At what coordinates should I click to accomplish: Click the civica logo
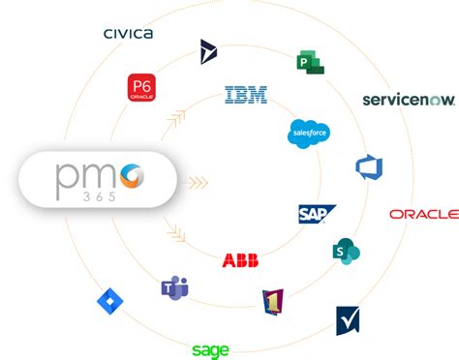point(128,34)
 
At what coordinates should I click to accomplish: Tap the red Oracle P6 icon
point(141,87)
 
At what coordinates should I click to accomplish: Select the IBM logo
point(246,95)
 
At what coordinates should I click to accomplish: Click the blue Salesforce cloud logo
point(309,134)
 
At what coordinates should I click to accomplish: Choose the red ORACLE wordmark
point(423,214)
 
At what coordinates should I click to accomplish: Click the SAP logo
point(317,214)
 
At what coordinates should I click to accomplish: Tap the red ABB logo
point(240,260)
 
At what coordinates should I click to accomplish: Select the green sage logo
point(210,350)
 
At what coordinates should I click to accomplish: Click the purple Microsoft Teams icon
point(175,286)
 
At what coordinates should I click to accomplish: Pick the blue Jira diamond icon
point(110,302)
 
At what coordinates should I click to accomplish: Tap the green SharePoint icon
point(346,251)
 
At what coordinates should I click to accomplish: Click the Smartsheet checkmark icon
point(348,319)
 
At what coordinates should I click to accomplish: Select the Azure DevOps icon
point(369,166)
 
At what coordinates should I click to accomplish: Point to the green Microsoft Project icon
point(310,62)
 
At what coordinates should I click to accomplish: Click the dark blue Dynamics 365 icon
point(207,51)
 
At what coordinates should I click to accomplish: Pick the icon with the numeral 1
point(273,303)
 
